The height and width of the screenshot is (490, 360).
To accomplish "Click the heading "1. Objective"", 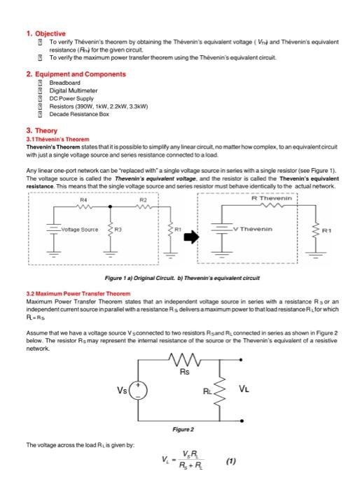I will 46,34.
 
